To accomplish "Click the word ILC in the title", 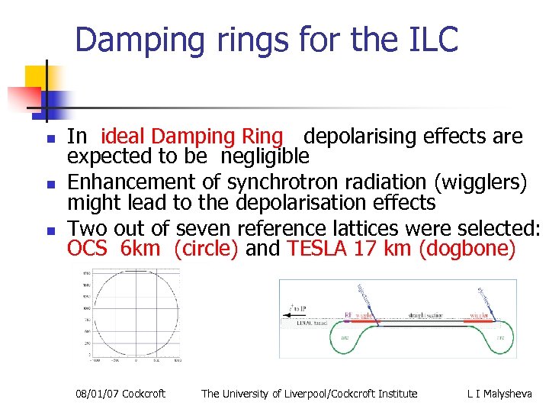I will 429,39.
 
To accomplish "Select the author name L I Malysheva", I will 500,394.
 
